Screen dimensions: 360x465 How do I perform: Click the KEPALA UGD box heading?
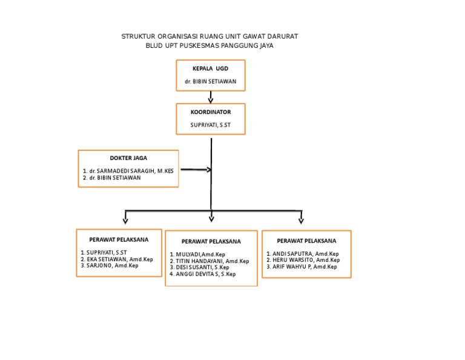click(x=210, y=68)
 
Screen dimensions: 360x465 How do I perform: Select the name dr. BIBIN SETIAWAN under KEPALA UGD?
click(x=210, y=81)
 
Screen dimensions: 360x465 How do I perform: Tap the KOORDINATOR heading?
click(x=210, y=112)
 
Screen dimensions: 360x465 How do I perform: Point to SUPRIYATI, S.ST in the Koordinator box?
click(x=210, y=126)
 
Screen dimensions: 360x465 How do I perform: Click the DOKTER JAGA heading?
click(x=128, y=158)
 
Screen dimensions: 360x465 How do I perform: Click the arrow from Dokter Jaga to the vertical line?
click(x=195, y=170)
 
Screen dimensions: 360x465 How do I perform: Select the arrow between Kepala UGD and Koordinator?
click(x=211, y=97)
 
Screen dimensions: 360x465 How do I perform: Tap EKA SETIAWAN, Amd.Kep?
click(x=119, y=259)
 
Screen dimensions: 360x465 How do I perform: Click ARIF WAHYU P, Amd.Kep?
click(x=303, y=267)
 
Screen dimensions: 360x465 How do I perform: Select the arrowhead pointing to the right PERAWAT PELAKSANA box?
click(x=301, y=220)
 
